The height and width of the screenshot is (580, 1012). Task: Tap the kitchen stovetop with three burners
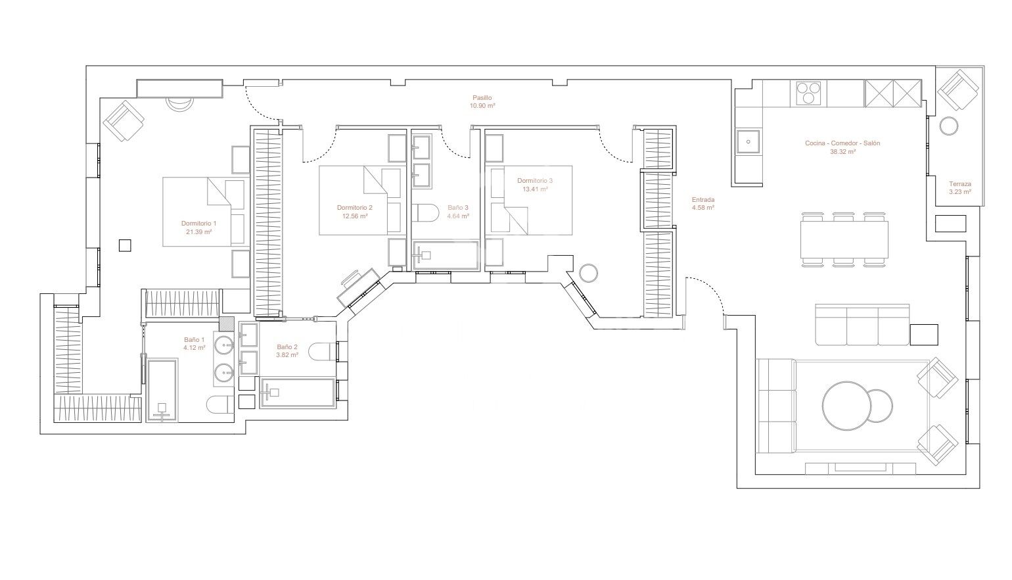(x=810, y=93)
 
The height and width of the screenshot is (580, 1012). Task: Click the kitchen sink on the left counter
(x=748, y=141)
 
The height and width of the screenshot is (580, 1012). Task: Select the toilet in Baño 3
(x=428, y=214)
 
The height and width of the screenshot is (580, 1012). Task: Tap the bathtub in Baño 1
(x=162, y=391)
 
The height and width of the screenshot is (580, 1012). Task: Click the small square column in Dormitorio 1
(x=124, y=245)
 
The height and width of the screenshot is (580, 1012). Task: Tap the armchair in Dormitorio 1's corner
(x=124, y=120)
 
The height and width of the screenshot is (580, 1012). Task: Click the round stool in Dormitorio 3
(x=589, y=272)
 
